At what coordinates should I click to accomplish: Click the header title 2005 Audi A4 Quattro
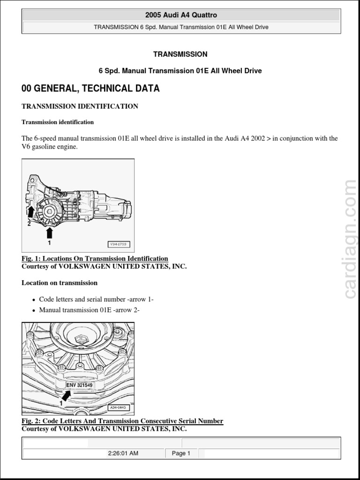tap(181, 15)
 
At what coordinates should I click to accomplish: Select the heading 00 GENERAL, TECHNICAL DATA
tap(90, 89)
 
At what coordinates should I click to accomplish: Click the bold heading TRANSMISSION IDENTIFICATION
tap(80, 106)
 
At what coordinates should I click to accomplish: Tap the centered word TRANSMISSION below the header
tap(180, 54)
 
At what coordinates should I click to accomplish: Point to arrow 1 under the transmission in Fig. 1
tap(50, 233)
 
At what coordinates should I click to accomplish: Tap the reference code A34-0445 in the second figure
tap(120, 408)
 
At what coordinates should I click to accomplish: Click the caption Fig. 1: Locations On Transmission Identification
tap(95, 259)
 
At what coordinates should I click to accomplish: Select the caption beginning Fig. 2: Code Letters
tap(122, 421)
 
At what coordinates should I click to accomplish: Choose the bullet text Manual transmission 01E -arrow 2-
tap(89, 310)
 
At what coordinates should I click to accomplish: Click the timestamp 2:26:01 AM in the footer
tap(123, 453)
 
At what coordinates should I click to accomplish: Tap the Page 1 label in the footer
tap(181, 453)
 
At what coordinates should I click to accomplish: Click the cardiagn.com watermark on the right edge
tap(350, 239)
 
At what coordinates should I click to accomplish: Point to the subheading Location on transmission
tap(60, 283)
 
